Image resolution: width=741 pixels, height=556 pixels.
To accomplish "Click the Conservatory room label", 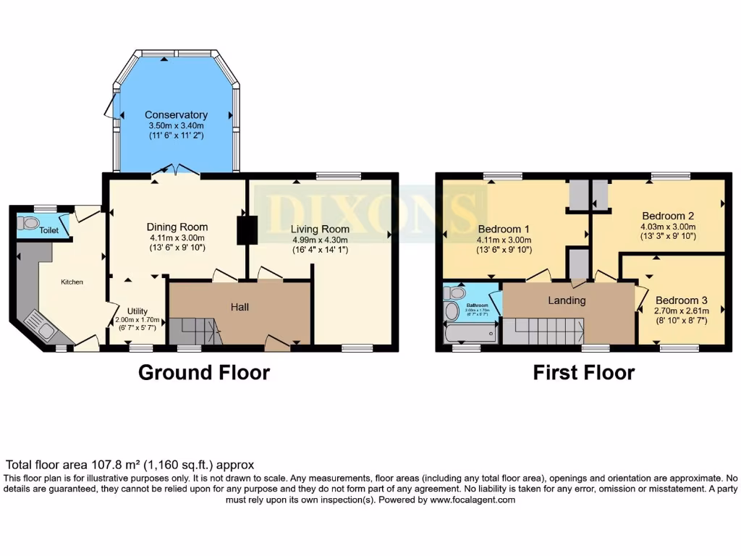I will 176,114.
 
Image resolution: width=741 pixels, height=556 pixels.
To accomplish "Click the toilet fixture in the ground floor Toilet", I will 30,222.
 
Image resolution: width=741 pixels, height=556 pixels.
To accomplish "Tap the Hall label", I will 240,307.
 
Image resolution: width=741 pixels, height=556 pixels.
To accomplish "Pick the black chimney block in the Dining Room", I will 247,229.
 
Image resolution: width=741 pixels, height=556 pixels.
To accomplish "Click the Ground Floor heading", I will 203,372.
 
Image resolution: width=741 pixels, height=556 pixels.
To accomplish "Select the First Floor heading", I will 583,372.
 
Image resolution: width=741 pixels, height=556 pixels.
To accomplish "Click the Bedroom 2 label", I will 668,215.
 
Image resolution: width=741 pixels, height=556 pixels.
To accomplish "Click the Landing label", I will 567,300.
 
